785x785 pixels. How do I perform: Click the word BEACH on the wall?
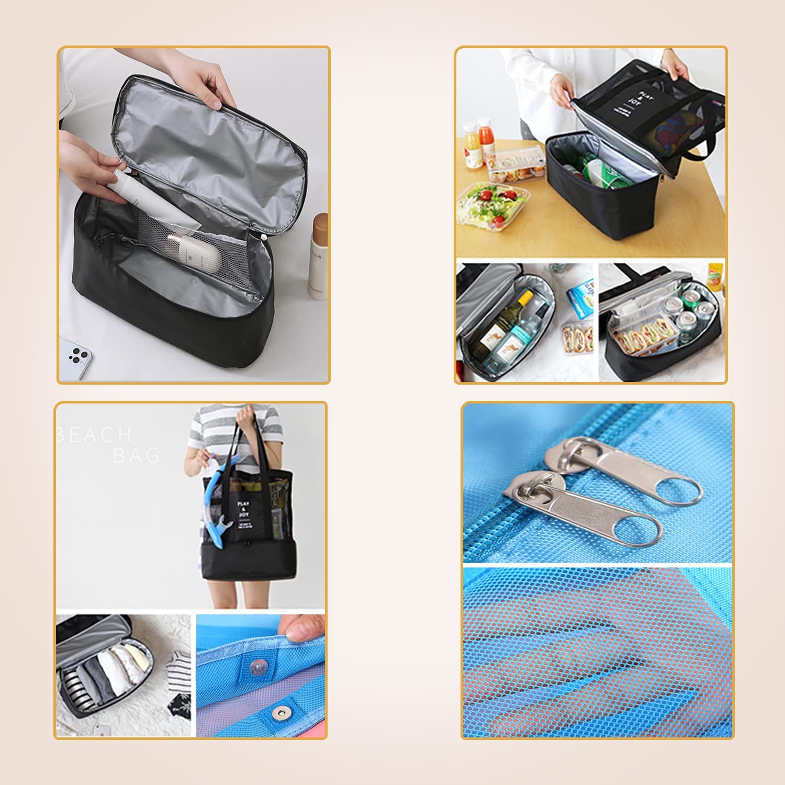coord(94,434)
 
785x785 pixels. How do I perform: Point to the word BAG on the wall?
coord(136,456)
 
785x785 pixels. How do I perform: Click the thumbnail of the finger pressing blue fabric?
coord(261,675)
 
